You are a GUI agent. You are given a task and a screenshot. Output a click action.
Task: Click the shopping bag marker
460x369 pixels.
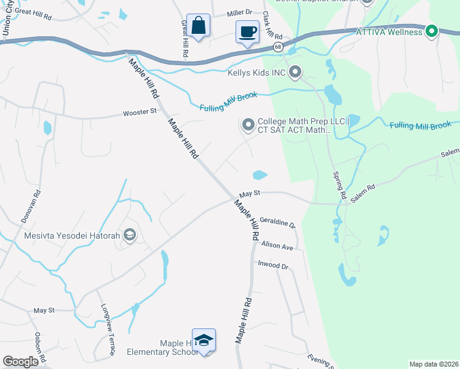(x=198, y=26)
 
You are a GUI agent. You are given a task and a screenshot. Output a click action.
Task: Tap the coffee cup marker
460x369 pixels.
(x=247, y=32)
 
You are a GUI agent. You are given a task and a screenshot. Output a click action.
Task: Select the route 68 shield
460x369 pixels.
(x=279, y=46)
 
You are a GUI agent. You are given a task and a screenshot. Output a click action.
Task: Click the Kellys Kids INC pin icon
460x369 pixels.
(x=295, y=73)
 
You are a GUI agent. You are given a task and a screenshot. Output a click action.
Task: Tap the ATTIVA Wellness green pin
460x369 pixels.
(x=432, y=31)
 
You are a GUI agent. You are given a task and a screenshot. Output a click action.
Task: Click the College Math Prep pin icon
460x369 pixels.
(x=248, y=125)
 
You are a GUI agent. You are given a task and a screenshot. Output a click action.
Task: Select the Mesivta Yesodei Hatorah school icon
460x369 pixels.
(x=130, y=235)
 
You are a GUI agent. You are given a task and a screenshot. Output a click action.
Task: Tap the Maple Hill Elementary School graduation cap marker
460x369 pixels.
(x=204, y=341)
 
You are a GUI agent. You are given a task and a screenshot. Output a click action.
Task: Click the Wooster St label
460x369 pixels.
(x=140, y=113)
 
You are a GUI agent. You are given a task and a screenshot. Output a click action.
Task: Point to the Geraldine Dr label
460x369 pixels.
(x=277, y=222)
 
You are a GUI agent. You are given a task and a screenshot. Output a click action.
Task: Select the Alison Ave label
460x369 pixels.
(x=277, y=245)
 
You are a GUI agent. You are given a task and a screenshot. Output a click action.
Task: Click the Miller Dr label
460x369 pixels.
(x=240, y=12)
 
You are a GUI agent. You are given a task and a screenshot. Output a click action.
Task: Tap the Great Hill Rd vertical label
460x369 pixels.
(x=183, y=38)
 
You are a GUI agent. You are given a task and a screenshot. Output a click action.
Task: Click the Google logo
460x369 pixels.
(x=21, y=362)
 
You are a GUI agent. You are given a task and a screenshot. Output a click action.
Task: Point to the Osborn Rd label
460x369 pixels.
(x=38, y=347)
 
